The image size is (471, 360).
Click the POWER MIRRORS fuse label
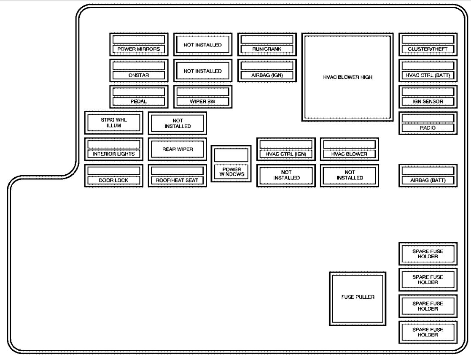[139, 49]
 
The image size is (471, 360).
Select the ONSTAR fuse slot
[139, 70]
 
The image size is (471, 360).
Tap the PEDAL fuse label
[139, 102]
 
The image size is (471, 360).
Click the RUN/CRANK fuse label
[266, 49]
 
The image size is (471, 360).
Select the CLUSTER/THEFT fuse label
[428, 49]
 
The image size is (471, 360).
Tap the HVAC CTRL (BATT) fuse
[428, 70]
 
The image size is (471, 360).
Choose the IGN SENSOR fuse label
[428, 102]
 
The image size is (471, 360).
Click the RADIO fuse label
[428, 127]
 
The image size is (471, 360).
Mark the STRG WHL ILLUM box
[114, 122]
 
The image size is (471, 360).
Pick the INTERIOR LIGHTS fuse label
[114, 154]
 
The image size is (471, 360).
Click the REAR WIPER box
[178, 149]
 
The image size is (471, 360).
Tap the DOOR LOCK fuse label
[114, 180]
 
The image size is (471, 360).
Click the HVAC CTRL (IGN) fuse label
[285, 154]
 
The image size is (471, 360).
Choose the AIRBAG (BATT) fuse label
[428, 180]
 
